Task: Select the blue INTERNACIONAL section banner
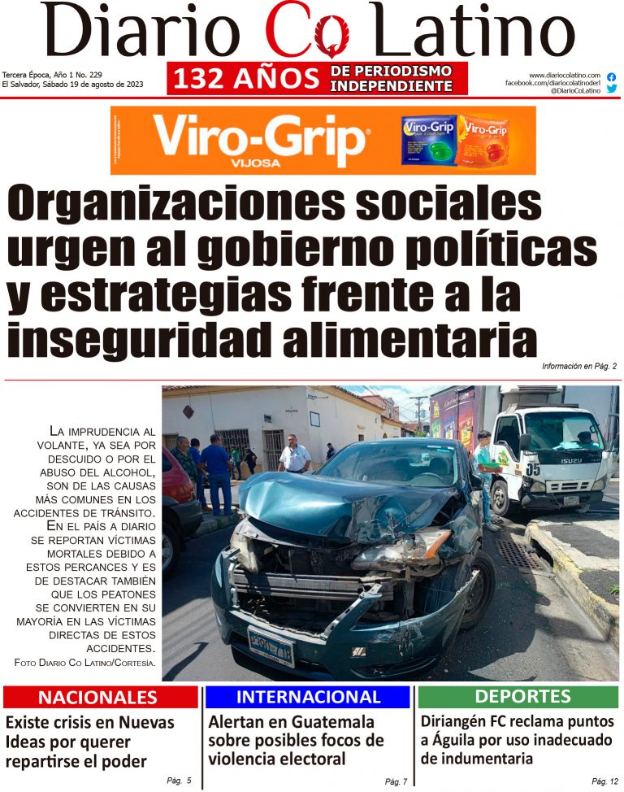click(x=308, y=697)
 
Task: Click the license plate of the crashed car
click(x=271, y=645)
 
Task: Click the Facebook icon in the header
click(x=611, y=77)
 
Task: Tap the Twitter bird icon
click(x=611, y=89)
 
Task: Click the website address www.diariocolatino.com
click(x=564, y=75)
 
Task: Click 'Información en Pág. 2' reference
click(x=579, y=367)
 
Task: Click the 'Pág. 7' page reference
click(x=395, y=781)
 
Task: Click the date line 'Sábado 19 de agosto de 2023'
click(x=76, y=85)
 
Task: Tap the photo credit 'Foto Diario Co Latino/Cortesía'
click(x=84, y=664)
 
